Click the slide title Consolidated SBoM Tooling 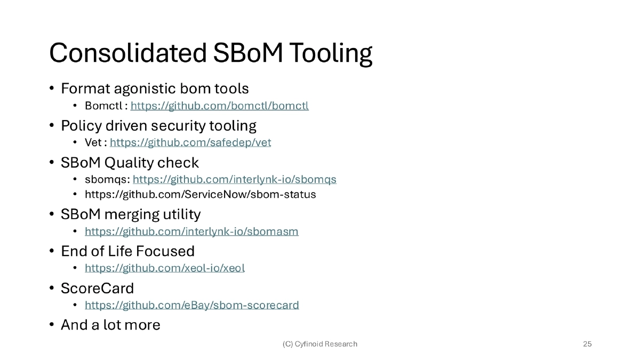(x=210, y=53)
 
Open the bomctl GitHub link (x=219, y=106)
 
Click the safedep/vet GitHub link (x=190, y=142)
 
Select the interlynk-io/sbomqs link (x=234, y=179)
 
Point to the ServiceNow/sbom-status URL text (x=200, y=194)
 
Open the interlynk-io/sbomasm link (x=191, y=231)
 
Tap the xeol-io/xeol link (x=164, y=268)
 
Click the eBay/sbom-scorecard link (x=191, y=305)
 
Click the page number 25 (x=587, y=344)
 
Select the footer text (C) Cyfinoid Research (x=319, y=344)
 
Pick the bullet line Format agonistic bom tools (x=155, y=88)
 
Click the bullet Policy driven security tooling (x=158, y=126)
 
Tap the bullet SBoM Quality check (x=130, y=162)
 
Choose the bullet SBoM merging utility (x=131, y=214)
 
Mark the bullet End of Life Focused (x=127, y=251)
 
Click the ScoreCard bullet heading (x=97, y=288)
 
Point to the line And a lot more (x=110, y=324)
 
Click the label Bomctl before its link (x=103, y=106)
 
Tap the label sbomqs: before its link (x=107, y=179)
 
